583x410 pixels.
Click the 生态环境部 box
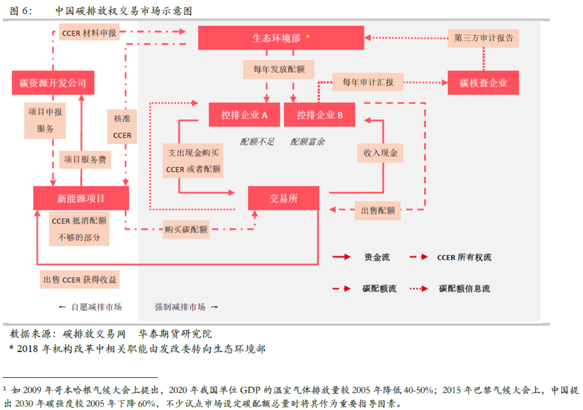point(281,38)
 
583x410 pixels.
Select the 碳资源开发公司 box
point(53,83)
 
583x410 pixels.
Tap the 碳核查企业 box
point(483,83)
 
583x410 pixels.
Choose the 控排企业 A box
point(244,115)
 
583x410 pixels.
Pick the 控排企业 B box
point(320,115)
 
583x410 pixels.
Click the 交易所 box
point(284,198)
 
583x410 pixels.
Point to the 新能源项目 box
point(81,198)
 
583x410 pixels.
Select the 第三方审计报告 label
point(483,38)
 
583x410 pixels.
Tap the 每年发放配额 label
point(279,70)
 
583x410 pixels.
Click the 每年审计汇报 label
point(368,82)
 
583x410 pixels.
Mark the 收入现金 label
point(380,153)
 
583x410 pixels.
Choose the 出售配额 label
point(377,210)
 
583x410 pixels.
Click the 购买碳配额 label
point(186,230)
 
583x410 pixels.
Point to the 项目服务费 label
point(85,160)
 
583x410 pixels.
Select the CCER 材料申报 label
point(89,32)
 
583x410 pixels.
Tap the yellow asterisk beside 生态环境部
point(307,36)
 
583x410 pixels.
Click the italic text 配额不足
point(257,142)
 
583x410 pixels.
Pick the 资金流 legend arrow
point(341,257)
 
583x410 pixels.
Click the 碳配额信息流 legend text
point(465,288)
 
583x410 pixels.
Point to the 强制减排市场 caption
point(180,307)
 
